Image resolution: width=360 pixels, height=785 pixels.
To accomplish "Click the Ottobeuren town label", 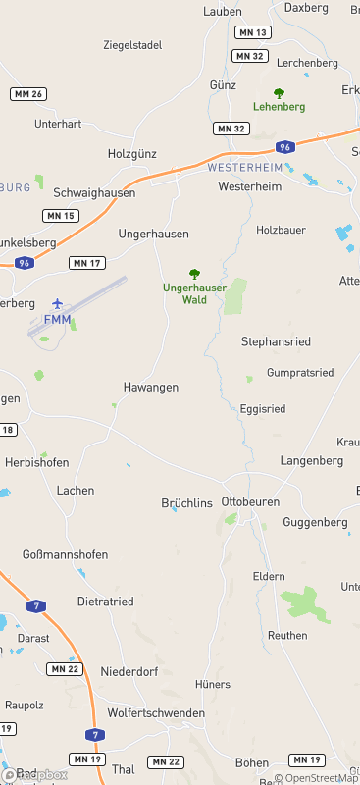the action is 251,500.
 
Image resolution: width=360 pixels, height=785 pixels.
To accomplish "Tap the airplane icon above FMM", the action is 57,303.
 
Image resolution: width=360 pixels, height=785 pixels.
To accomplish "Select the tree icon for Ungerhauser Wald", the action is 194,275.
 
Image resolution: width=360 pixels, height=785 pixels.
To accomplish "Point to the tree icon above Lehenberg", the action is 279,93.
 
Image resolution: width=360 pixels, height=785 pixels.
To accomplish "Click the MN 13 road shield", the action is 253,32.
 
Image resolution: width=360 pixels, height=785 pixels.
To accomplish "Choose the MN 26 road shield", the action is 28,94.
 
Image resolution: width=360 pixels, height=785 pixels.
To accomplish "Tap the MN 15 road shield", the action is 61,215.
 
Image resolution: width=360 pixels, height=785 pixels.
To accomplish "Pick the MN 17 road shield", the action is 87,263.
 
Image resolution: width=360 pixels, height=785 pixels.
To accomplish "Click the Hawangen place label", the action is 151,388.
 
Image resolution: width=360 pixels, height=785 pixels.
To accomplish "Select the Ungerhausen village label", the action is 153,235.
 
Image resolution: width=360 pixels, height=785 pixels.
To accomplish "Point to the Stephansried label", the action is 276,342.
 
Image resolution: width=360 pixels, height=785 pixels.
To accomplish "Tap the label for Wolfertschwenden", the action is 156,713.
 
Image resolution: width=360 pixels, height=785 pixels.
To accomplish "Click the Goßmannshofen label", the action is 65,554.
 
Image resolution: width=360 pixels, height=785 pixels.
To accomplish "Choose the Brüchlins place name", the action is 186,503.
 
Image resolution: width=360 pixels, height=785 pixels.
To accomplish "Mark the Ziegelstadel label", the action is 132,45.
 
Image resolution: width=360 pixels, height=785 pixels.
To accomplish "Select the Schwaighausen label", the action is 94,193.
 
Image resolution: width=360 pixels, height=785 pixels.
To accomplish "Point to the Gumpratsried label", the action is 300,373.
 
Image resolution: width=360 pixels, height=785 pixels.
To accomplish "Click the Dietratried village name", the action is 105,601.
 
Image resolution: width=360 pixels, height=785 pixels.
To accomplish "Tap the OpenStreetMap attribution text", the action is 316,778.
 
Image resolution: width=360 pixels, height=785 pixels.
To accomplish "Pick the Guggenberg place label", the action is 315,522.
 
